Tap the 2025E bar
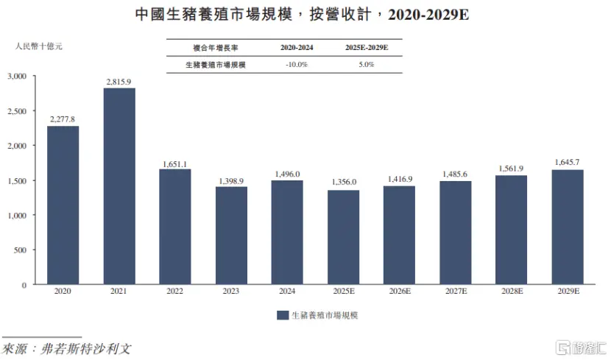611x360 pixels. [x=343, y=237]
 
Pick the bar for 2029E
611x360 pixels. [x=568, y=227]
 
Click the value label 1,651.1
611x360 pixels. [x=175, y=164]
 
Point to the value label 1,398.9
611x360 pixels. [x=231, y=181]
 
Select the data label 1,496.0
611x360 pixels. [x=287, y=174]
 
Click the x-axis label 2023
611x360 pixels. [x=231, y=292]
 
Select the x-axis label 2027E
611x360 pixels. [x=455, y=292]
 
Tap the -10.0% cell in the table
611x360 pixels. [x=297, y=65]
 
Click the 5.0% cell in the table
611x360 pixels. [x=366, y=65]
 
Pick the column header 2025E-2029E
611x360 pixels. [x=366, y=47]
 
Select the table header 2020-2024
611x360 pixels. [x=297, y=47]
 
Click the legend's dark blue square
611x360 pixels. [x=282, y=315]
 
